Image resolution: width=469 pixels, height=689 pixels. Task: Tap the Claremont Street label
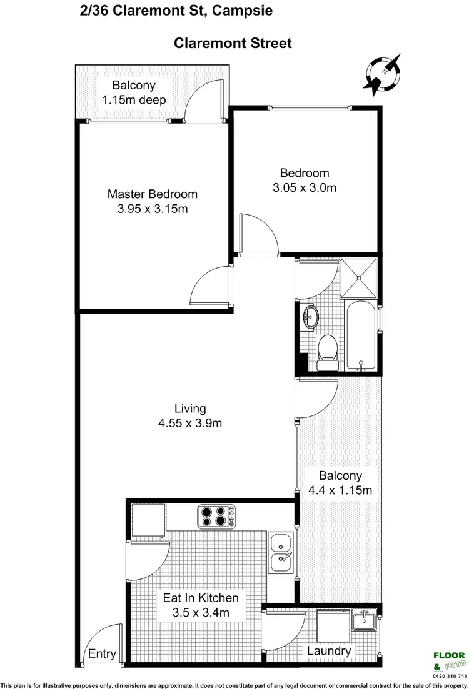point(233,43)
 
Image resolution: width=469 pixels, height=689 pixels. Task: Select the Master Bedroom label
point(152,194)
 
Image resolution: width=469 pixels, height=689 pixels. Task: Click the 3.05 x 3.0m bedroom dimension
point(305,187)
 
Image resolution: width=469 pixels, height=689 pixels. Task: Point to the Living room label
point(190,409)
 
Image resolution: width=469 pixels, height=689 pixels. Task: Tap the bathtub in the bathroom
point(360,337)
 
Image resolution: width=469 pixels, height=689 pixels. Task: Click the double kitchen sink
point(281,553)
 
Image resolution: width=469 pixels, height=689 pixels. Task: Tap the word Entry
point(102,654)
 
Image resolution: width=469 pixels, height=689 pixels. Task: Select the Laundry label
point(328,652)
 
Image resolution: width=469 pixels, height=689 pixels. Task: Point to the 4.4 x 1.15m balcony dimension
point(340,490)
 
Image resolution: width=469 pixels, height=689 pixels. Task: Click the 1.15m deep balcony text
point(133,99)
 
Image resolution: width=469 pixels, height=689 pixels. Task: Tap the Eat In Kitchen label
point(201,598)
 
